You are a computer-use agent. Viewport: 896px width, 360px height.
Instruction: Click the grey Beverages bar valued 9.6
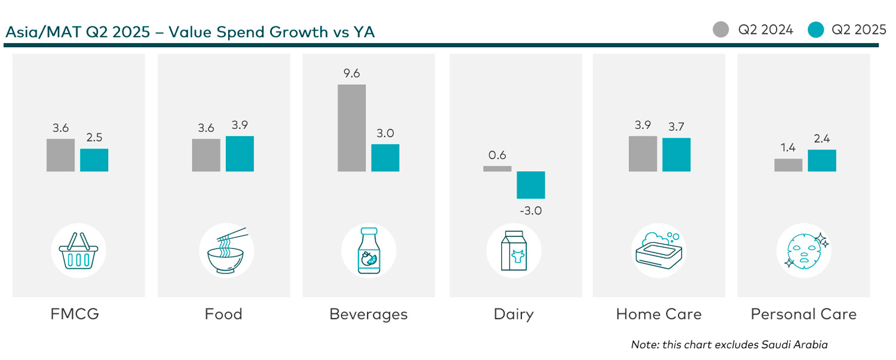[x=351, y=128]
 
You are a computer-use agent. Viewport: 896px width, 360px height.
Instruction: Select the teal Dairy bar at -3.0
[x=530, y=184]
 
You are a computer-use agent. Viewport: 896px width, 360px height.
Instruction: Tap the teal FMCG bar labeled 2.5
[x=94, y=160]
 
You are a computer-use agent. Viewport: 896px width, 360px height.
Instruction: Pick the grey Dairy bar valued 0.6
[x=497, y=168]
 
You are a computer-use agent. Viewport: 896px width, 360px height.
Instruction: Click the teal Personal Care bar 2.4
[x=822, y=161]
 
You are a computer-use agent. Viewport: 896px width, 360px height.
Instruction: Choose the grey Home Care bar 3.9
[x=643, y=153]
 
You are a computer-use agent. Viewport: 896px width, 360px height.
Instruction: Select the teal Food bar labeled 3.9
[x=240, y=153]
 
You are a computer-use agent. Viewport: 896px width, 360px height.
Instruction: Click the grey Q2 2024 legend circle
[x=722, y=29]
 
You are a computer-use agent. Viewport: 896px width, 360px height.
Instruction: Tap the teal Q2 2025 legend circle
[x=815, y=29]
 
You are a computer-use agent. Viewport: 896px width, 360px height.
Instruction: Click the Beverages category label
[x=369, y=315]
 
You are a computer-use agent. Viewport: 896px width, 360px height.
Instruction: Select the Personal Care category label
[x=803, y=315]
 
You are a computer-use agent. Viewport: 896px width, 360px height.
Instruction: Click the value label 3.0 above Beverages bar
[x=385, y=134]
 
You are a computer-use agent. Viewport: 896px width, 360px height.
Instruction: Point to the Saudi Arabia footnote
[x=729, y=344]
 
